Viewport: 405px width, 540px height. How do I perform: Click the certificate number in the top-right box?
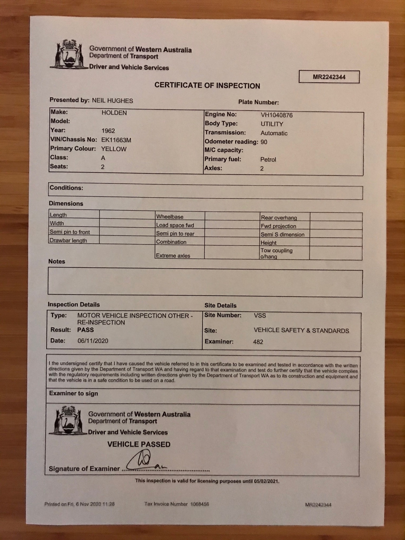click(329, 77)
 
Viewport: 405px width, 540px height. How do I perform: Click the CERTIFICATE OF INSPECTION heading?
click(207, 85)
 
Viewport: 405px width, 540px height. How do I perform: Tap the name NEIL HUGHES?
click(112, 101)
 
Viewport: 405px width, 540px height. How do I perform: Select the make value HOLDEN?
click(114, 113)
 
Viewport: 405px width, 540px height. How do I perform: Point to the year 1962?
click(108, 131)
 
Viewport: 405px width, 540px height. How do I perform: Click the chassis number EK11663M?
click(116, 140)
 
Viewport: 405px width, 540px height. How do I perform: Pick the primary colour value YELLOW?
click(114, 149)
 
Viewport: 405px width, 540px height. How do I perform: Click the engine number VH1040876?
click(277, 115)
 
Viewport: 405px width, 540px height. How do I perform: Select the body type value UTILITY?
click(272, 124)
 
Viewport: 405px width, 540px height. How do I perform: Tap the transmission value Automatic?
click(274, 133)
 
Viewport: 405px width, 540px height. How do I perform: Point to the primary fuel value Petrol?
click(268, 160)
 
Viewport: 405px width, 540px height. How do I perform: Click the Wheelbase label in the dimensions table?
click(170, 217)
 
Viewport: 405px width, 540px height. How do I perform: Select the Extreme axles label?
click(173, 255)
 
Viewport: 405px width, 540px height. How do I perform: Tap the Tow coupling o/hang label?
click(276, 253)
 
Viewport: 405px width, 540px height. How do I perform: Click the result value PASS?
click(85, 330)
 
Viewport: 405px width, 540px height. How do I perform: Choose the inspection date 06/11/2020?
click(93, 341)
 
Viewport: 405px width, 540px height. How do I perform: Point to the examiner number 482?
click(258, 342)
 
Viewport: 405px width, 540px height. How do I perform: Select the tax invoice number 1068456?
click(200, 504)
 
